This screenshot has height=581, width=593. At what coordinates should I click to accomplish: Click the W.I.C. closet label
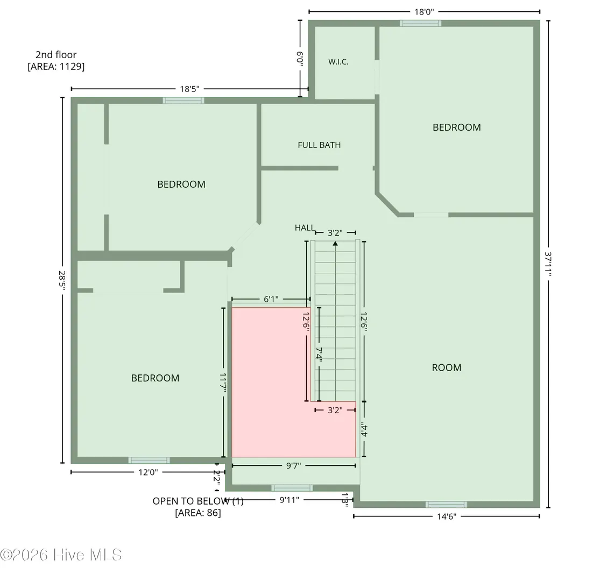(x=338, y=62)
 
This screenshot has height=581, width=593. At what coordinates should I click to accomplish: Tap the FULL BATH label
(x=319, y=145)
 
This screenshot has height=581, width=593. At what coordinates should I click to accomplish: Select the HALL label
(x=305, y=228)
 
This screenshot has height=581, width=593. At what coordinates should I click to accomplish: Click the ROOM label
(x=447, y=367)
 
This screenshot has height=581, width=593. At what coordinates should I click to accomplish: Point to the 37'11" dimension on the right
(x=548, y=264)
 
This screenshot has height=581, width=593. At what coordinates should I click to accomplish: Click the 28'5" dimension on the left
(x=62, y=280)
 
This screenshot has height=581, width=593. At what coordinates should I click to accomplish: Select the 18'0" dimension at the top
(x=424, y=12)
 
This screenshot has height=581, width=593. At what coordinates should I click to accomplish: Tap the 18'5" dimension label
(x=189, y=89)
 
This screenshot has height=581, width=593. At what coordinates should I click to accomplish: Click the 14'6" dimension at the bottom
(x=447, y=516)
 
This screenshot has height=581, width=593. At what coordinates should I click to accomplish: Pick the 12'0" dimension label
(x=148, y=472)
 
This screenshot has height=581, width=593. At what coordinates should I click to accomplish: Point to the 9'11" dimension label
(x=290, y=500)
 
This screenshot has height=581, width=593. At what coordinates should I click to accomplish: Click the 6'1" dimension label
(x=271, y=300)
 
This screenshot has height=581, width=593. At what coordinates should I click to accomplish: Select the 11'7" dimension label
(x=223, y=382)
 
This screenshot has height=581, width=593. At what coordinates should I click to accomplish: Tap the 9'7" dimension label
(x=293, y=466)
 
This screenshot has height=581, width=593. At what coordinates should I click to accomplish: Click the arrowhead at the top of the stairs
(x=335, y=244)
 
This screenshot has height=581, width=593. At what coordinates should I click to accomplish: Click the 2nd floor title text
(x=56, y=55)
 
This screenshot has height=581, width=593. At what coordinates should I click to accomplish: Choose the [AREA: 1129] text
(x=56, y=67)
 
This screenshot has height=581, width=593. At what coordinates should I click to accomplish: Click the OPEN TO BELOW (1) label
(x=198, y=501)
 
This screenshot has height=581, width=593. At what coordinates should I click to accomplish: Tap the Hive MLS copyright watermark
(x=61, y=555)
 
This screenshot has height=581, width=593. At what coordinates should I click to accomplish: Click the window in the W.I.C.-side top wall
(x=421, y=24)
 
